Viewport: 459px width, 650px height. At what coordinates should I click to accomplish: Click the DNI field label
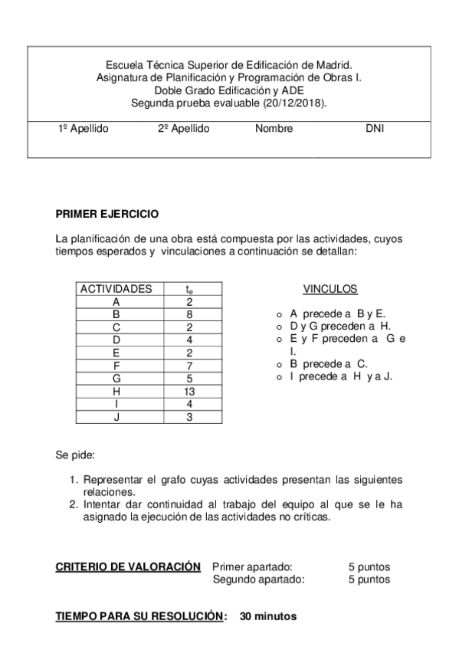pyautogui.click(x=375, y=129)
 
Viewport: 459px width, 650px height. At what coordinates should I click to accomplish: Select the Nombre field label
pyautogui.click(x=274, y=129)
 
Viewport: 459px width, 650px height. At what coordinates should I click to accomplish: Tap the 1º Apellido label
pyautogui.click(x=84, y=129)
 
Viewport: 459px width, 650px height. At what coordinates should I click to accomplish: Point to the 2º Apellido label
pyautogui.click(x=183, y=129)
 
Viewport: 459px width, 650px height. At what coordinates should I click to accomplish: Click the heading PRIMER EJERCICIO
pyautogui.click(x=107, y=215)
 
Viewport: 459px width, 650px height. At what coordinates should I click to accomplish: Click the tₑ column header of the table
pyautogui.click(x=189, y=290)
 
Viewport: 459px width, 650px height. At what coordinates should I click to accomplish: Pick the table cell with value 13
pyautogui.click(x=189, y=392)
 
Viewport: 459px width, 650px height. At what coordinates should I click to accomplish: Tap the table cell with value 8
pyautogui.click(x=189, y=314)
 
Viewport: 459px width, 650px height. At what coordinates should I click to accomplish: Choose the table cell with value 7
pyautogui.click(x=189, y=366)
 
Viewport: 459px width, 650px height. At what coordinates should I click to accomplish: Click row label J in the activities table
pyautogui.click(x=116, y=417)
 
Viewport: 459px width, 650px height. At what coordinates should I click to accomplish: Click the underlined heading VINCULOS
pyautogui.click(x=329, y=289)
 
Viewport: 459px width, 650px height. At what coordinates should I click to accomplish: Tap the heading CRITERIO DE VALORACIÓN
pyautogui.click(x=127, y=566)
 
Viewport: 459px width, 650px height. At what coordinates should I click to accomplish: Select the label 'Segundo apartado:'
pyautogui.click(x=258, y=579)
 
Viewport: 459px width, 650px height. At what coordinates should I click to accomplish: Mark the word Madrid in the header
pyautogui.click(x=334, y=66)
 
